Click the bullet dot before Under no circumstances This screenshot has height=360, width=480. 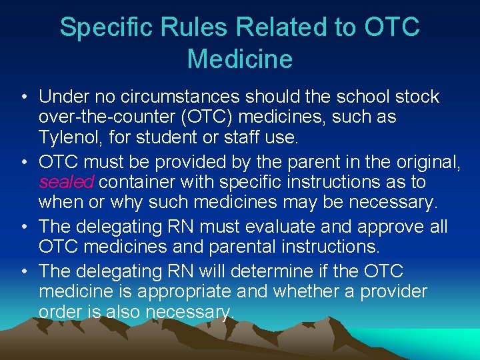pyautogui.click(x=24, y=97)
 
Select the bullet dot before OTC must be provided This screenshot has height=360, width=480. pyautogui.click(x=24, y=161)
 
